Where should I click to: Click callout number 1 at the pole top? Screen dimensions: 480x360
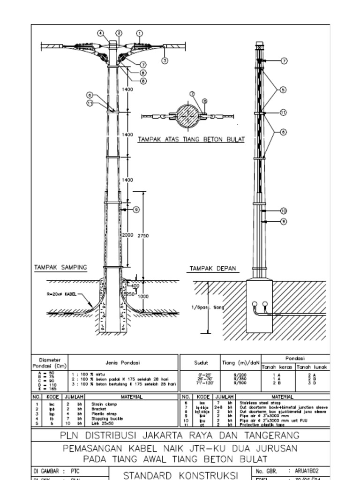pos(139,33)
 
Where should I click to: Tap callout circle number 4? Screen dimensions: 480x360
pos(100,33)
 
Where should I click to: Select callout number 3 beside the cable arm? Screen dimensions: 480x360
pos(165,60)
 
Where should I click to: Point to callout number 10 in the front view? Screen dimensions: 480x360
pos(284,211)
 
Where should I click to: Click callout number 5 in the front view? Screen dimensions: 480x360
pos(284,90)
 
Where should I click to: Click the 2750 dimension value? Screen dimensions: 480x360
pos(143,236)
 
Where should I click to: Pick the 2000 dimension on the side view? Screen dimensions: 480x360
pos(128,235)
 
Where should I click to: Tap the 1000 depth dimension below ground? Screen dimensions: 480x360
pos(143,296)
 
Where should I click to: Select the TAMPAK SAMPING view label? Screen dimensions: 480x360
pos(60,268)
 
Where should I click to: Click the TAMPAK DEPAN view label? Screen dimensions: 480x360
pos(213,269)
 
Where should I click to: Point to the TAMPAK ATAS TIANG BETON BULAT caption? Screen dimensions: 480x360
pos(191,140)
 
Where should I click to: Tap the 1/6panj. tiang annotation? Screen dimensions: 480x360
pos(208,307)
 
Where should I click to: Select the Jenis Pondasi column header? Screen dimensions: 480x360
pos(122,362)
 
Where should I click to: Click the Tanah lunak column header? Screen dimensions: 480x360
pos(312,367)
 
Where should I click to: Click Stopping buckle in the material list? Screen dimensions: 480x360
pos(104,419)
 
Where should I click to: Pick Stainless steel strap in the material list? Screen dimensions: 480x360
pos(257,403)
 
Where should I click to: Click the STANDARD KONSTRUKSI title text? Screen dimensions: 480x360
pos(181,475)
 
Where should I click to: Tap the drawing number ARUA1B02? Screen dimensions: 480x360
pos(309,470)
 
